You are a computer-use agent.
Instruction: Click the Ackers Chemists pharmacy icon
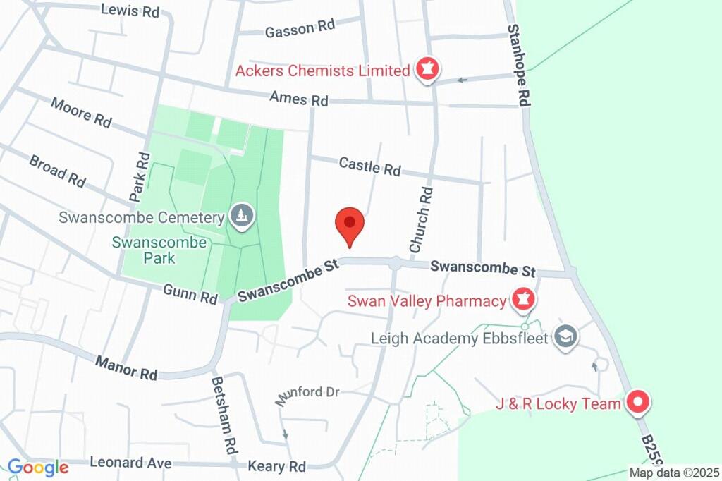pyautogui.click(x=427, y=69)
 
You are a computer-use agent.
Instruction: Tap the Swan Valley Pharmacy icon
pyautogui.click(x=523, y=300)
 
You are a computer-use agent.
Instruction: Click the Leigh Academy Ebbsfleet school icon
pyautogui.click(x=565, y=337)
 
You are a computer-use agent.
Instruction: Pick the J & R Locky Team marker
pyautogui.click(x=638, y=403)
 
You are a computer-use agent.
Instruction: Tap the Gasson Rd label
pyautogui.click(x=299, y=28)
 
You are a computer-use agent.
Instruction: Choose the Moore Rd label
pyautogui.click(x=81, y=112)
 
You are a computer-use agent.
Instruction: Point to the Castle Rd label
pyautogui.click(x=369, y=166)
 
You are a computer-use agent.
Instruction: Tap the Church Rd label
pyautogui.click(x=420, y=219)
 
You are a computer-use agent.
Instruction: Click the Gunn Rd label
pyautogui.click(x=190, y=294)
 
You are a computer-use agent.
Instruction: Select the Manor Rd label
pyautogui.click(x=126, y=367)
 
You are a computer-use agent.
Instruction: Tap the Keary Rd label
pyautogui.click(x=277, y=466)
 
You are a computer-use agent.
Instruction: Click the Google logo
pyautogui.click(x=37, y=467)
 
